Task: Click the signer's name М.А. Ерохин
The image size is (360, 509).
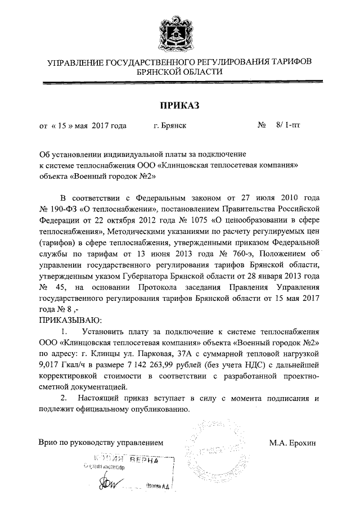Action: coord(292,443)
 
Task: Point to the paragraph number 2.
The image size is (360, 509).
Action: coord(64,398)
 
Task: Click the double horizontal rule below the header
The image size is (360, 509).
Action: coord(180,83)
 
